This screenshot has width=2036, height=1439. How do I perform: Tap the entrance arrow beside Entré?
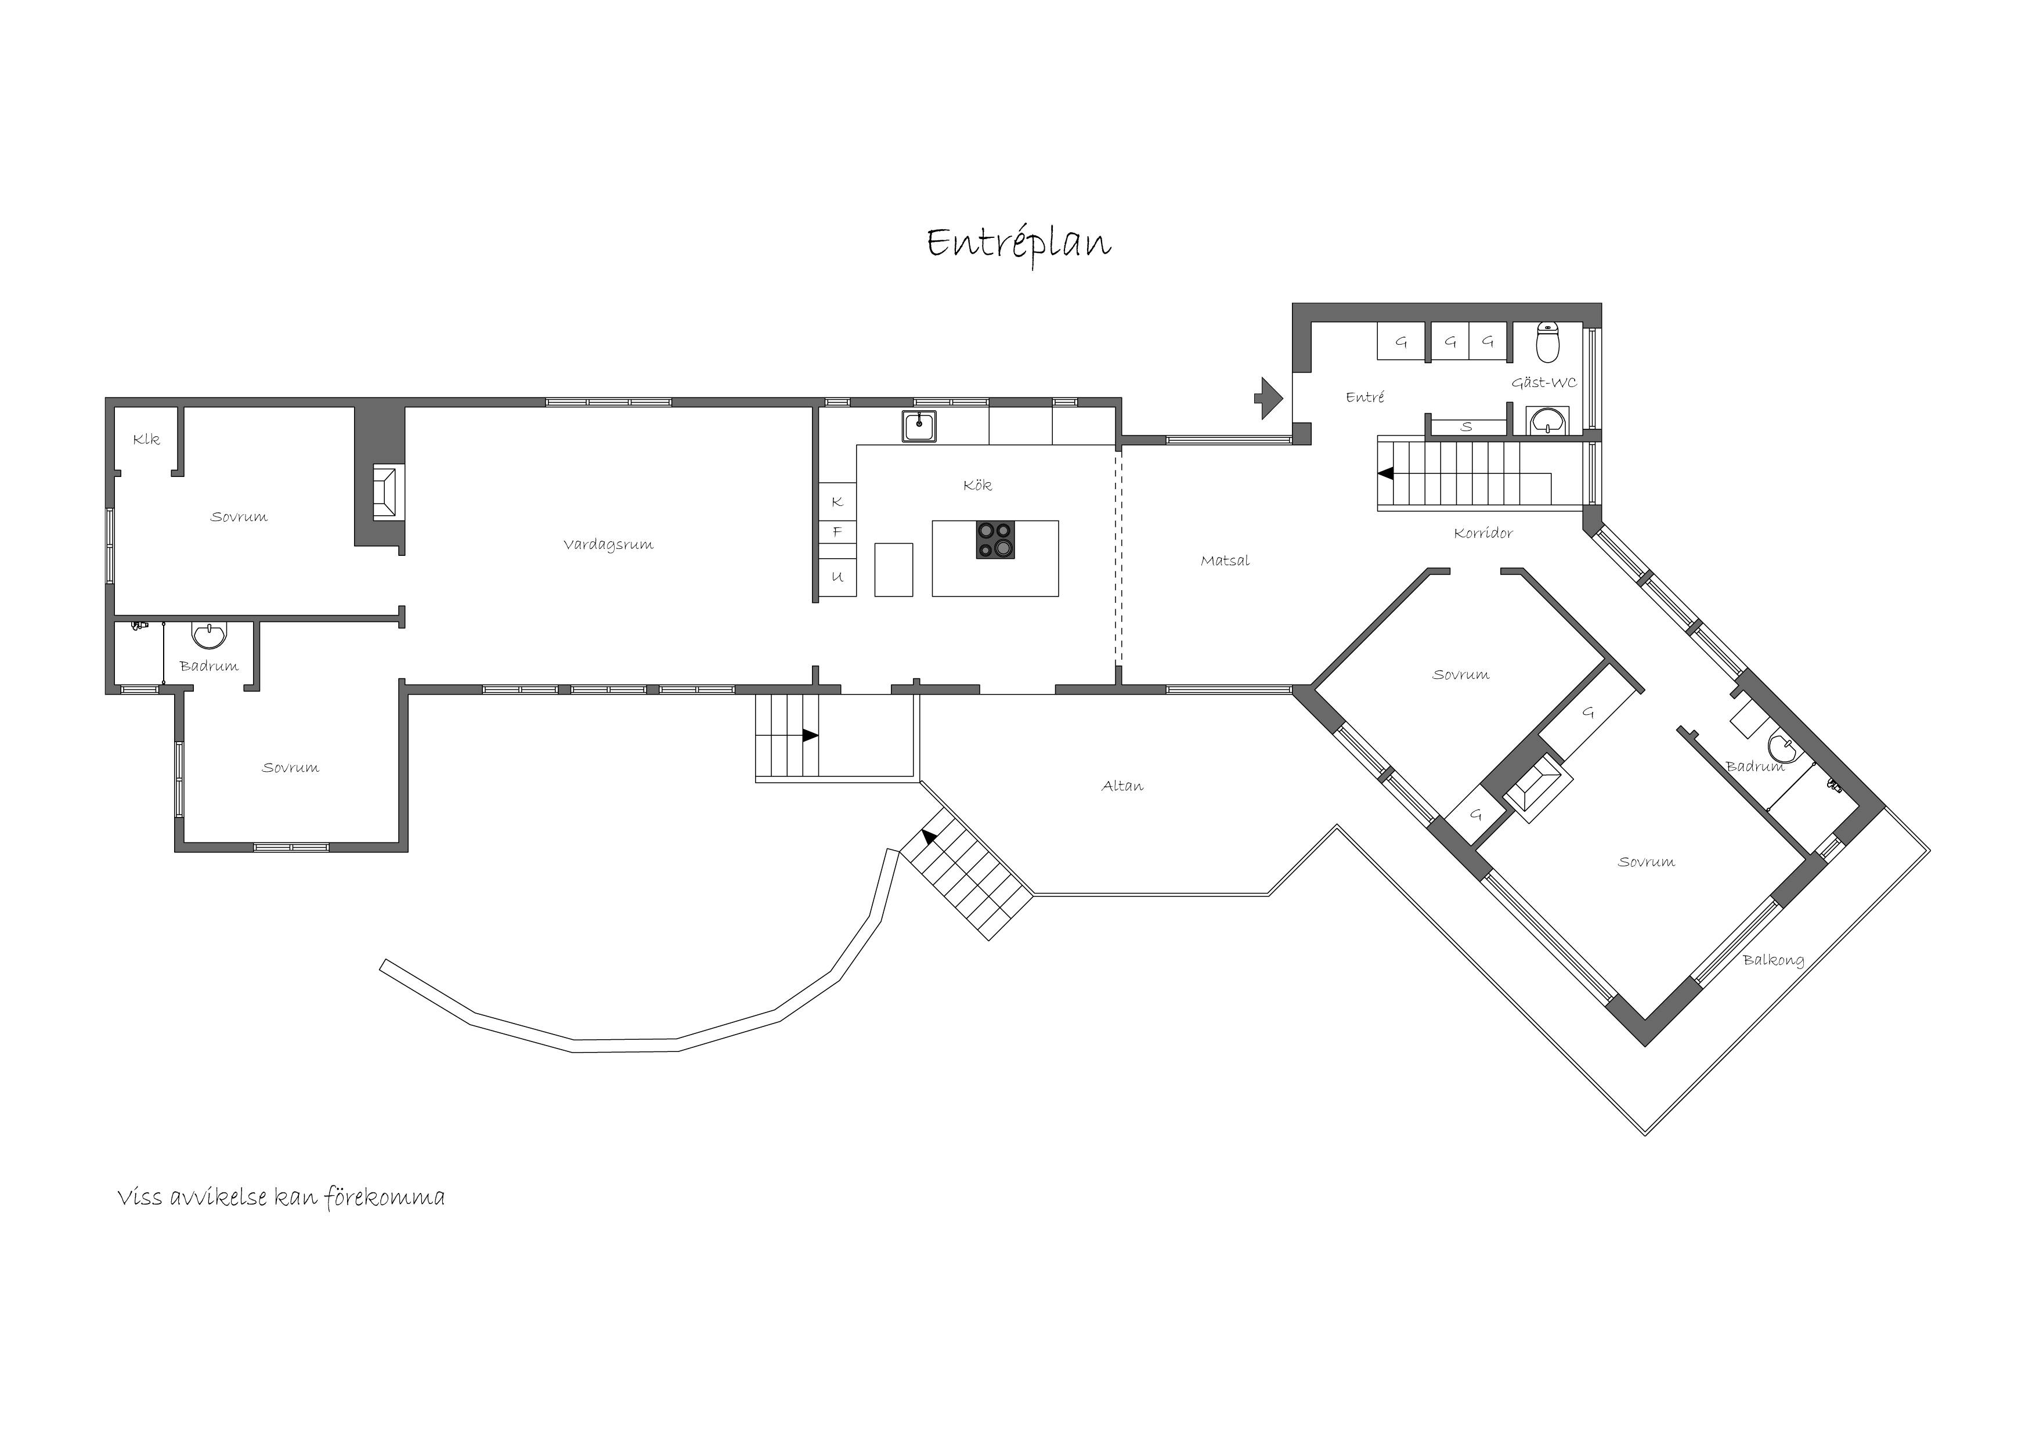(x=1269, y=398)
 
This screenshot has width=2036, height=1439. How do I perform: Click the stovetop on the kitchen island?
(x=995, y=540)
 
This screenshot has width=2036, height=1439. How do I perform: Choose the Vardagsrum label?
(x=608, y=544)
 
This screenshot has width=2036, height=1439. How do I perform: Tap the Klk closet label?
(x=146, y=439)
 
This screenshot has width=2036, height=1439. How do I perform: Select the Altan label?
(x=1122, y=786)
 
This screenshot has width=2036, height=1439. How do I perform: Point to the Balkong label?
(x=1774, y=959)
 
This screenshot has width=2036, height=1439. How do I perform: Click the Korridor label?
(x=1483, y=533)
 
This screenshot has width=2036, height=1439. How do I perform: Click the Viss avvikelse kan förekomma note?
(x=281, y=1198)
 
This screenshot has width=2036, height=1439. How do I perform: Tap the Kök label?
(x=977, y=485)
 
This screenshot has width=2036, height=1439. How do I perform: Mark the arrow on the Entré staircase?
(x=1385, y=473)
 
